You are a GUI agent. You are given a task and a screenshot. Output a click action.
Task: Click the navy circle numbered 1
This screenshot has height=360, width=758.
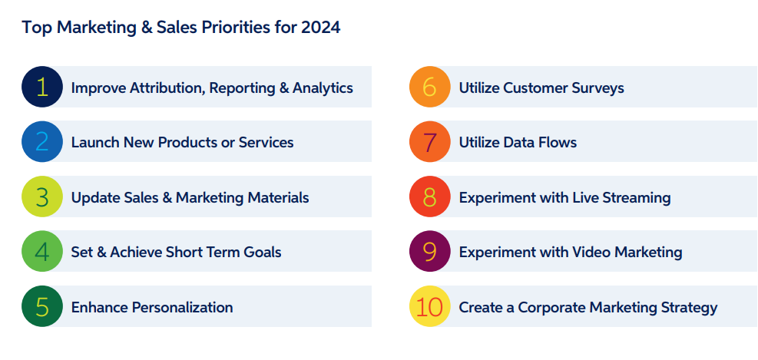point(42,87)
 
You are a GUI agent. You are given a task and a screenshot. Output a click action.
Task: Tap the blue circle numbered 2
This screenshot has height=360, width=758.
point(42,142)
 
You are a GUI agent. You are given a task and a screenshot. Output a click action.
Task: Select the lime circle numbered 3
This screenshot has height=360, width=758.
point(42,197)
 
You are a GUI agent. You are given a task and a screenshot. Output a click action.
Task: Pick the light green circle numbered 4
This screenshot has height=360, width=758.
point(42,252)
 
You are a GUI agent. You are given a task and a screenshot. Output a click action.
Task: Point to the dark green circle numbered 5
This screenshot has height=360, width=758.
point(42,307)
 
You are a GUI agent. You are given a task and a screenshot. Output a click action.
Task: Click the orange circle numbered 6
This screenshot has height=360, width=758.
point(430,87)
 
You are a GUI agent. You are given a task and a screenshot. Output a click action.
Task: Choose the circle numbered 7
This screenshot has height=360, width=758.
point(430,142)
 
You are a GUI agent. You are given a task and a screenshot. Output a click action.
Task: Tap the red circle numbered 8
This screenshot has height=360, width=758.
point(430,197)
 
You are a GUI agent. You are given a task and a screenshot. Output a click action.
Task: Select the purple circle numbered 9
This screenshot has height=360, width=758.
point(430,252)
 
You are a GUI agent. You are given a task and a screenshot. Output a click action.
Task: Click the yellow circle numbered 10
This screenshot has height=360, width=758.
point(430,307)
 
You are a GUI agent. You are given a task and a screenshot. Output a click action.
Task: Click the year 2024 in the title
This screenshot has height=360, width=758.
point(322,28)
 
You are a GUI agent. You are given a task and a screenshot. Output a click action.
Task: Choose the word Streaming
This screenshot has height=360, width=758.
point(635,197)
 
